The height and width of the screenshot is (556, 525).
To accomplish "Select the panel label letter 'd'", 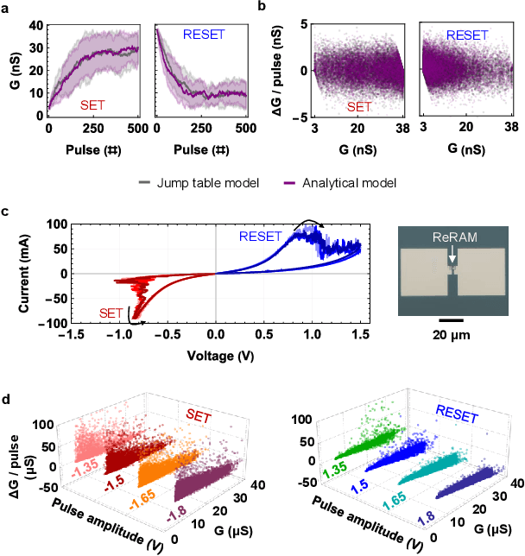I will point(7,401).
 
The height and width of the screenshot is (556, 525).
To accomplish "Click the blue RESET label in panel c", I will point(262,236).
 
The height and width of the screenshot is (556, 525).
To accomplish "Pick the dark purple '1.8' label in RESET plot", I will point(424,517).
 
